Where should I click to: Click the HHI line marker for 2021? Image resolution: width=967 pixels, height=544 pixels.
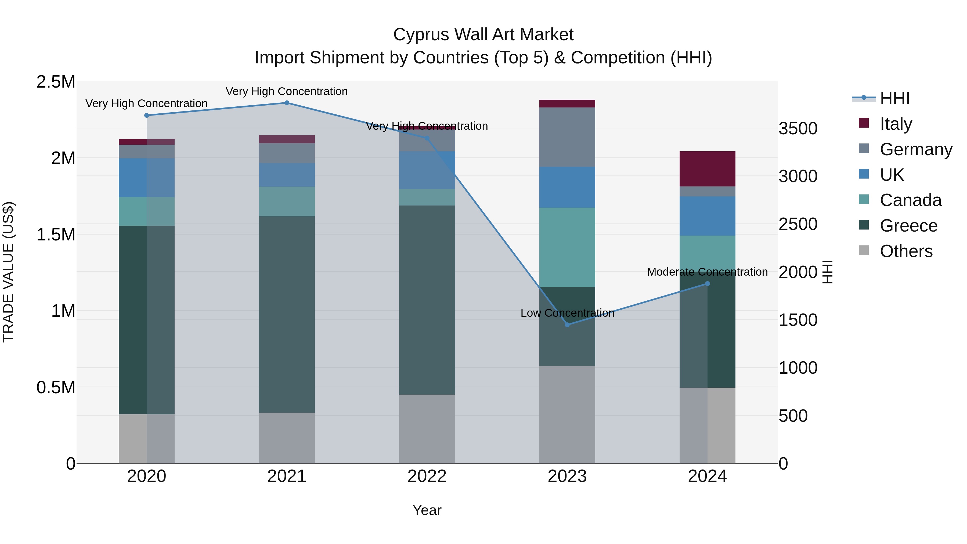287,103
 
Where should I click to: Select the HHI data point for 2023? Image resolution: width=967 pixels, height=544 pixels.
567,325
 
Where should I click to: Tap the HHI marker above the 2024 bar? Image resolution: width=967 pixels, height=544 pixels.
707,284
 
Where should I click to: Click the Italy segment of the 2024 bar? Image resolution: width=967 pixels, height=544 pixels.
707,169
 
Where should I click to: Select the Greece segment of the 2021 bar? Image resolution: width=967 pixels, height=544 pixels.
287,314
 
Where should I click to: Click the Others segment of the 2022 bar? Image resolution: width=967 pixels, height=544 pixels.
427,429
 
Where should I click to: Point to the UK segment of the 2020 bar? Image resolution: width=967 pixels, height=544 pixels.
146,178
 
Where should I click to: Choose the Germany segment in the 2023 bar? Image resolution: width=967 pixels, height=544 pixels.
567,137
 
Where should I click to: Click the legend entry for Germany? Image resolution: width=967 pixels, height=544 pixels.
916,149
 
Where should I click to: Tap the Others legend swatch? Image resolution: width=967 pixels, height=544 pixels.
864,250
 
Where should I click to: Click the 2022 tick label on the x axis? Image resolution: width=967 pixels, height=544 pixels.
427,476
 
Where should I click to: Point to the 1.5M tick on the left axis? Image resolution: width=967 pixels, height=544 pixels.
56,235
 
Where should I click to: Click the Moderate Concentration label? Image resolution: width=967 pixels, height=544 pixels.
707,272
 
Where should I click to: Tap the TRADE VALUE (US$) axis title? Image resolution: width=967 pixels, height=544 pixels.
8,272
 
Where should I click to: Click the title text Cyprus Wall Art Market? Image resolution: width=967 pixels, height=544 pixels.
483,35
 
